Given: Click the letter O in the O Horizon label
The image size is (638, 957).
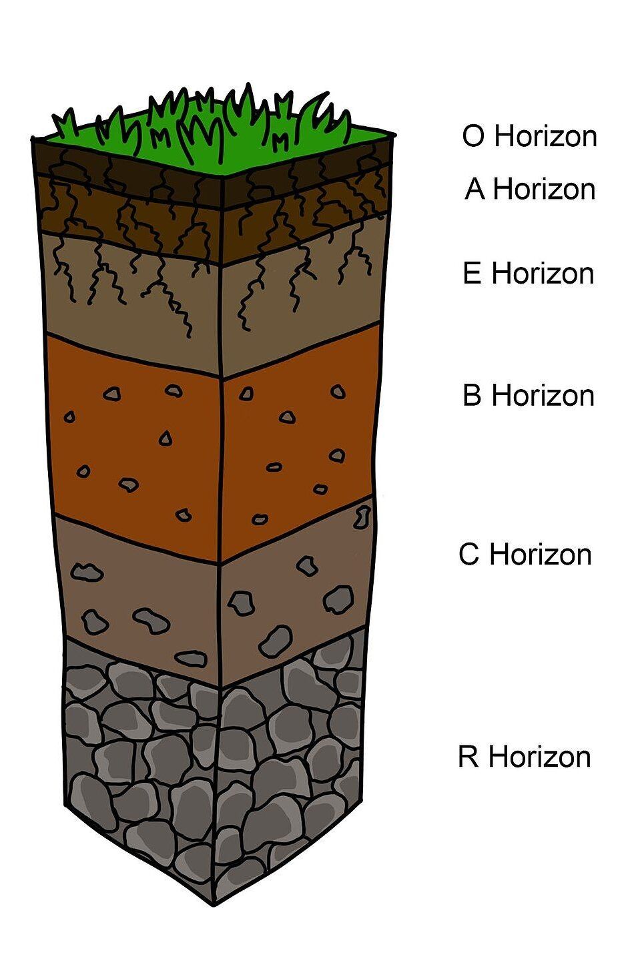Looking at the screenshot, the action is [473, 136].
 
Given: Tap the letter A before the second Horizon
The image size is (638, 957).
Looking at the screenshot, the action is [475, 189].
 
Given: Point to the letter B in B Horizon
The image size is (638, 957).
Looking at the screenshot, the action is [472, 395].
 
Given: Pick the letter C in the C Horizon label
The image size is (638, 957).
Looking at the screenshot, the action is [468, 554].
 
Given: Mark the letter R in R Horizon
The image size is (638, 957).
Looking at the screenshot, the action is [468, 756].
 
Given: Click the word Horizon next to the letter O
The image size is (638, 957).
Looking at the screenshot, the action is [546, 136].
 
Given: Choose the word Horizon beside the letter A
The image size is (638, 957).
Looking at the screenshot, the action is [544, 189].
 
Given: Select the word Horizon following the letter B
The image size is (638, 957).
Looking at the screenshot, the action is [543, 395].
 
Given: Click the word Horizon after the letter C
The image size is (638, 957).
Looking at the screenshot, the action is [541, 554].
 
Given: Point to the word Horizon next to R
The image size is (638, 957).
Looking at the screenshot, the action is [540, 756].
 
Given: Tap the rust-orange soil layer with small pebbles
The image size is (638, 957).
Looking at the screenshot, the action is [214, 444].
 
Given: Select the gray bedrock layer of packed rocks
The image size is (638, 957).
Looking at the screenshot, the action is [214, 769].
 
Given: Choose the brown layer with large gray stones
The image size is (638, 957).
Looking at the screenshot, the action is [214, 598].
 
